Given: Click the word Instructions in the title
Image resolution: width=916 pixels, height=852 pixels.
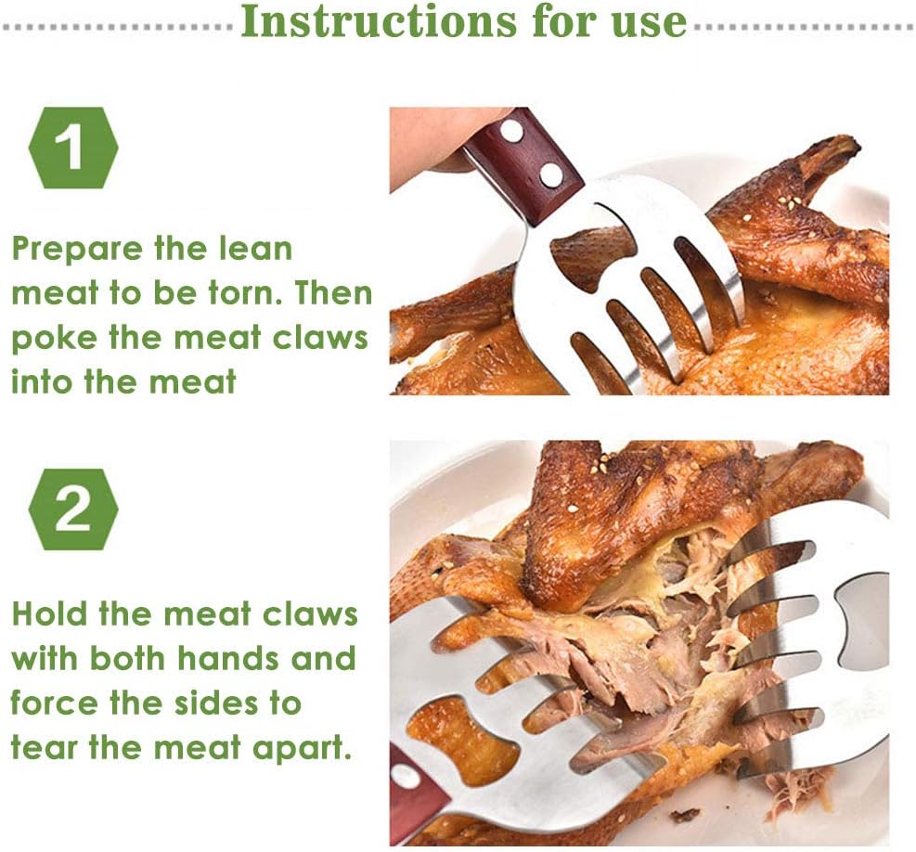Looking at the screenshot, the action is (379, 21).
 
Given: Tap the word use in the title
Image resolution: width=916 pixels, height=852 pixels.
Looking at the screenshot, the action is (649, 24).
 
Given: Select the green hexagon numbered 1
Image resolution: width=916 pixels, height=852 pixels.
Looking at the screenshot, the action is (73, 148).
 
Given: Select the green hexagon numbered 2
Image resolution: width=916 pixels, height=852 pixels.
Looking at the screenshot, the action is (73, 509).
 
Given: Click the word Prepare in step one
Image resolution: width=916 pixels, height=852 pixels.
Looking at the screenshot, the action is (77, 250).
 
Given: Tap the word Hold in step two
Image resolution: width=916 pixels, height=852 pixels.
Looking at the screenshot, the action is (51, 614).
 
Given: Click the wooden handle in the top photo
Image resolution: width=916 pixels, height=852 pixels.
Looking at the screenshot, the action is (523, 166).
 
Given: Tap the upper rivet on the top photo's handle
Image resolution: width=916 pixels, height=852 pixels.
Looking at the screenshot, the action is (512, 132).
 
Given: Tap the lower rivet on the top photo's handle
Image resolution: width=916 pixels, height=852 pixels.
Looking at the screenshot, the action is (549, 174).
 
